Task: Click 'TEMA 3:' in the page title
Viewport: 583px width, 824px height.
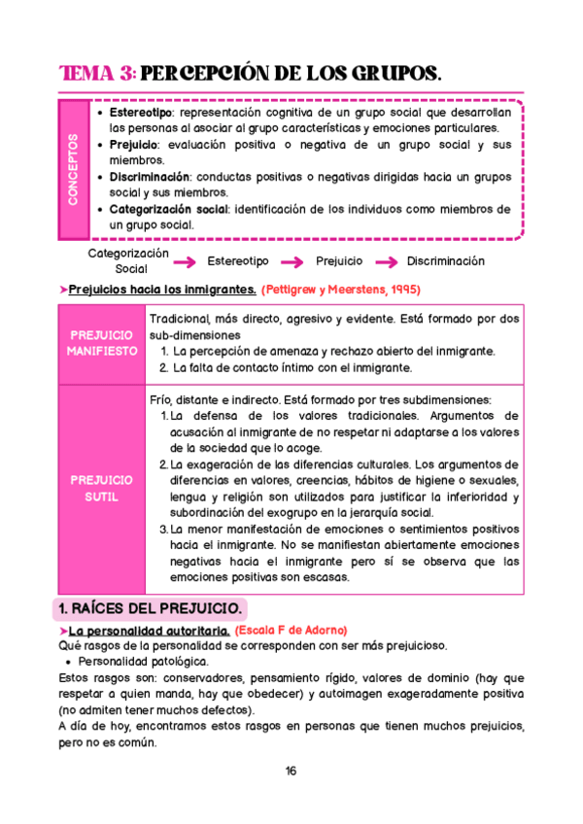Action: (x=97, y=74)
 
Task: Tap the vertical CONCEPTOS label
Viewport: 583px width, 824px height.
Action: (x=74, y=169)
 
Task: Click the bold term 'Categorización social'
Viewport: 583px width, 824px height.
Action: (x=168, y=209)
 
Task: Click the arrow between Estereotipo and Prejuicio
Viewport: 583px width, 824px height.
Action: (x=289, y=261)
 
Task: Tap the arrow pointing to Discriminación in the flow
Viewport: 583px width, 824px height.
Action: (x=386, y=261)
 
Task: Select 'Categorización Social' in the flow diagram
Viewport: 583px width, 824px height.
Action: (x=128, y=260)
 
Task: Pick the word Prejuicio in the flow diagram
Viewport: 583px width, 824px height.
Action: (x=339, y=261)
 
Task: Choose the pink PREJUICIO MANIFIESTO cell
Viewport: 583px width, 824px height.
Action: (x=102, y=343)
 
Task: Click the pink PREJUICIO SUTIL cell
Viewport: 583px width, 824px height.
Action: (x=102, y=489)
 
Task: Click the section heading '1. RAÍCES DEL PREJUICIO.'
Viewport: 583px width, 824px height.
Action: (x=151, y=609)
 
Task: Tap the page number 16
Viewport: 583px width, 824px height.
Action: (x=291, y=772)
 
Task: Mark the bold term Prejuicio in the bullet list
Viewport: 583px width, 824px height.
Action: (x=132, y=145)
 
